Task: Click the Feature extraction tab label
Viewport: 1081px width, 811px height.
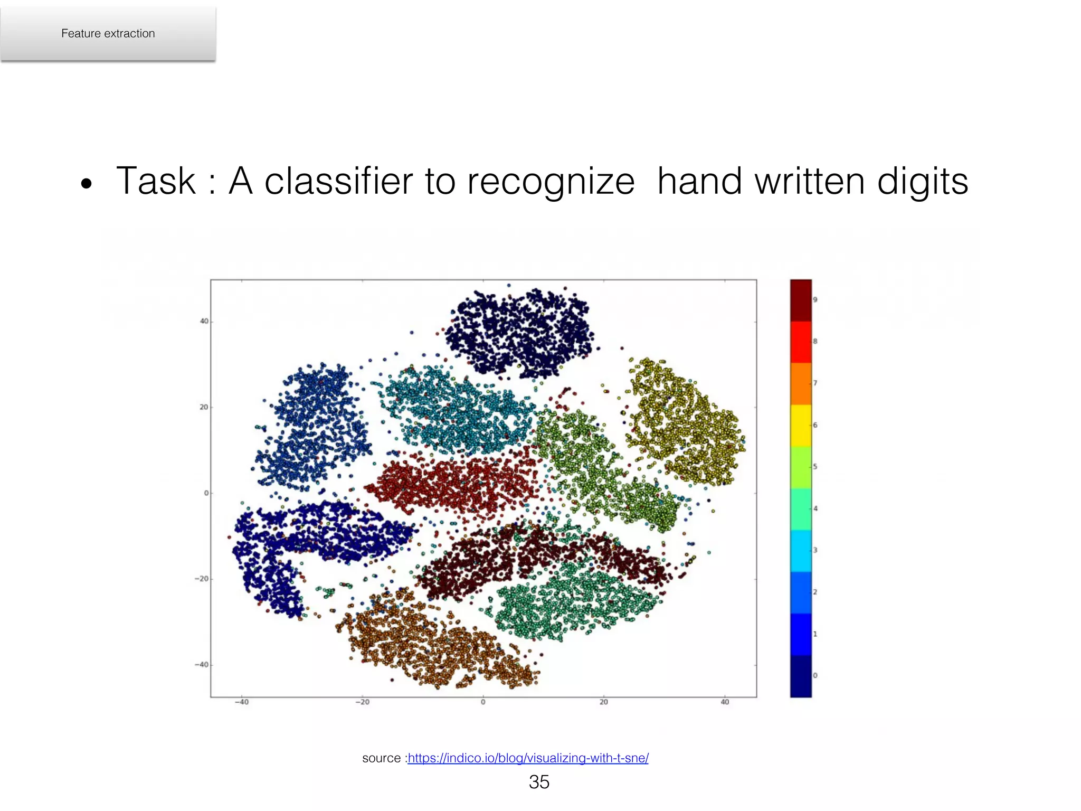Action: click(x=108, y=33)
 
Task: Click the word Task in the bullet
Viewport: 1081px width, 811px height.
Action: click(x=156, y=181)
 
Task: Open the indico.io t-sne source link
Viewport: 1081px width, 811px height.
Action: click(x=528, y=758)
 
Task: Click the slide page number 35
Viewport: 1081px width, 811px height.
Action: click(x=539, y=782)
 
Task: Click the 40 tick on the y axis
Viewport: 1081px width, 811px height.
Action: click(x=204, y=321)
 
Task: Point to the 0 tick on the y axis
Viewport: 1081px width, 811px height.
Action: click(x=206, y=493)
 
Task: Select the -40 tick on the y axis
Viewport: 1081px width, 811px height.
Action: click(x=202, y=664)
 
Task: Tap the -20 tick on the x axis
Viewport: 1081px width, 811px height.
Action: click(x=362, y=702)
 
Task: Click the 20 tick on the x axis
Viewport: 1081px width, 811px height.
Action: click(x=603, y=702)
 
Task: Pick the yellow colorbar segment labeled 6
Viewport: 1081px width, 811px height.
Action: click(x=800, y=426)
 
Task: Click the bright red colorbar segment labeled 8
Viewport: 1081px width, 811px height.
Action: click(x=800, y=342)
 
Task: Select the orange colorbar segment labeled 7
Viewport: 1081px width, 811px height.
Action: click(x=800, y=383)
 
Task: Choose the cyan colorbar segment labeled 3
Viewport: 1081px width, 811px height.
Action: click(x=800, y=551)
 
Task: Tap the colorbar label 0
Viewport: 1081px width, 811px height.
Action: click(x=815, y=675)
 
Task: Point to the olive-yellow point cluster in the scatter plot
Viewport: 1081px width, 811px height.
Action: click(x=686, y=422)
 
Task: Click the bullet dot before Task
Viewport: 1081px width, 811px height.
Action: click(x=86, y=184)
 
